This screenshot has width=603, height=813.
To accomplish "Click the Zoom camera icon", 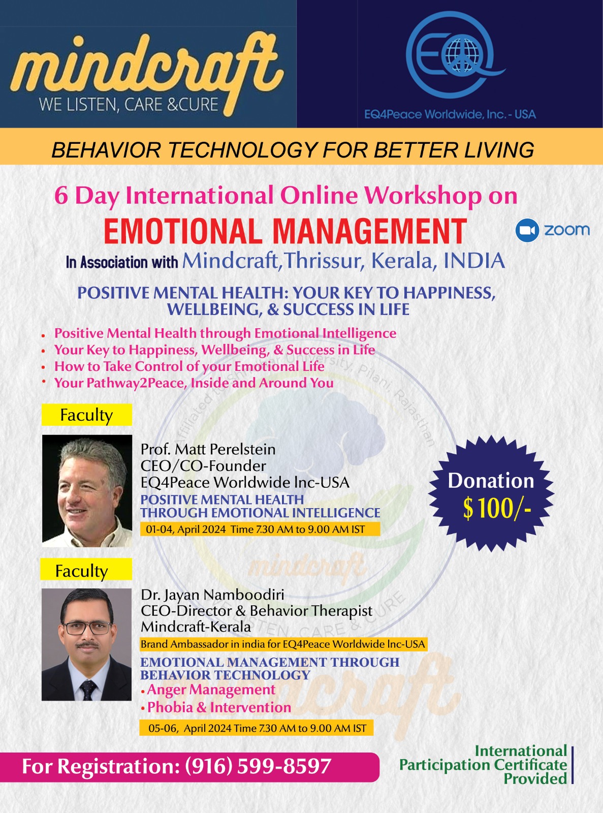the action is pos(527,230).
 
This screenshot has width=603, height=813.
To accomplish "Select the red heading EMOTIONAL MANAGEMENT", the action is pos(285,231).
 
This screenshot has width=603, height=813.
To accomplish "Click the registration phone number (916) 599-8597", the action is pos(258,766).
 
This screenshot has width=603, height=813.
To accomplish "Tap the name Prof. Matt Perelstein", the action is pos(208,449).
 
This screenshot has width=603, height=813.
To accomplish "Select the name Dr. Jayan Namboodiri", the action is pos(213,595).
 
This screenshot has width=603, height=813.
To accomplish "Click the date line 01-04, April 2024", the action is pos(186,529).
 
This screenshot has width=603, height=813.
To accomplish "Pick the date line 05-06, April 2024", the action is pos(190,728).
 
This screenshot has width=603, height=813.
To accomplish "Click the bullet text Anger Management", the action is pos(211,690).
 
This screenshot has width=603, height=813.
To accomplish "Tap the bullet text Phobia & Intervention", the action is pos(219,707).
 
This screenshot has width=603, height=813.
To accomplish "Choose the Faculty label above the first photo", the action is pos(86,415).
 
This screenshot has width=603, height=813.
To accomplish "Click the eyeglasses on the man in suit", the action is pos(87,629).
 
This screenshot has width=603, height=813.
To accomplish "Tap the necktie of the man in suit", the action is pos(88,689).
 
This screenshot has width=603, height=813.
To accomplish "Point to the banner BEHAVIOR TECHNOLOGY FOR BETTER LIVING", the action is pos(293,150).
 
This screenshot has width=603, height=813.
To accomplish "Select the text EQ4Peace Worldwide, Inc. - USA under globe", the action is pos(450,115).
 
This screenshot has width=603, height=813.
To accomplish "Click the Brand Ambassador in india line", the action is pos(282,644).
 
